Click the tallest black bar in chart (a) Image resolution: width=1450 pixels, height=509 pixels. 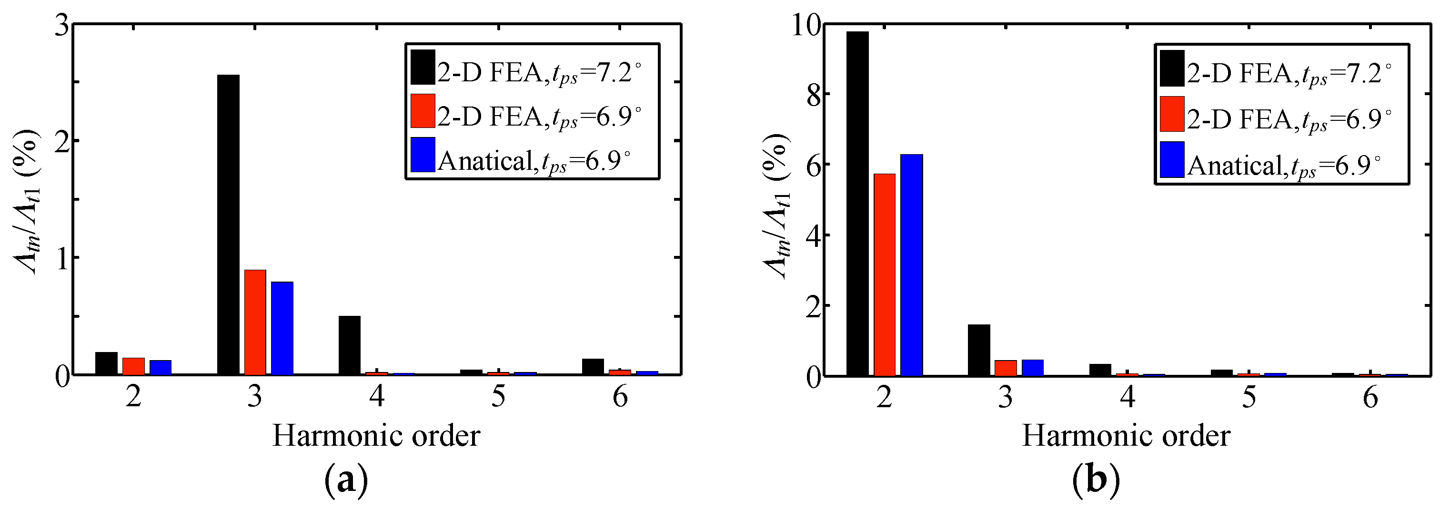point(228,225)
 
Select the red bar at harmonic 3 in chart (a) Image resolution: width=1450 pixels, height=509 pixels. point(255,322)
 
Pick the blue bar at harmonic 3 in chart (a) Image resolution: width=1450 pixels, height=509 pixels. point(282,328)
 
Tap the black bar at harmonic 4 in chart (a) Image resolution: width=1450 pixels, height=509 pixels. point(350,345)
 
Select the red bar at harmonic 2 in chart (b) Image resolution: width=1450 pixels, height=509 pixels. point(884,275)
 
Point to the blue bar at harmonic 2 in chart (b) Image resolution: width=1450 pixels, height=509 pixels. point(911,265)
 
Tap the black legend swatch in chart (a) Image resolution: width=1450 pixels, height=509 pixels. point(423,67)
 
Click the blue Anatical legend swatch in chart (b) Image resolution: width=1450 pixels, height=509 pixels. point(1172,160)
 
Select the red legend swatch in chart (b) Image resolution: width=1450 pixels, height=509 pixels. point(1172,114)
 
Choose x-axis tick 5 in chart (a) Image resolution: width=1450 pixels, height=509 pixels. point(498,397)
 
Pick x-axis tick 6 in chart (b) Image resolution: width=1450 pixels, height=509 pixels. point(1370,397)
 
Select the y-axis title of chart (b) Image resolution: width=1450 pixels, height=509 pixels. point(777,206)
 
